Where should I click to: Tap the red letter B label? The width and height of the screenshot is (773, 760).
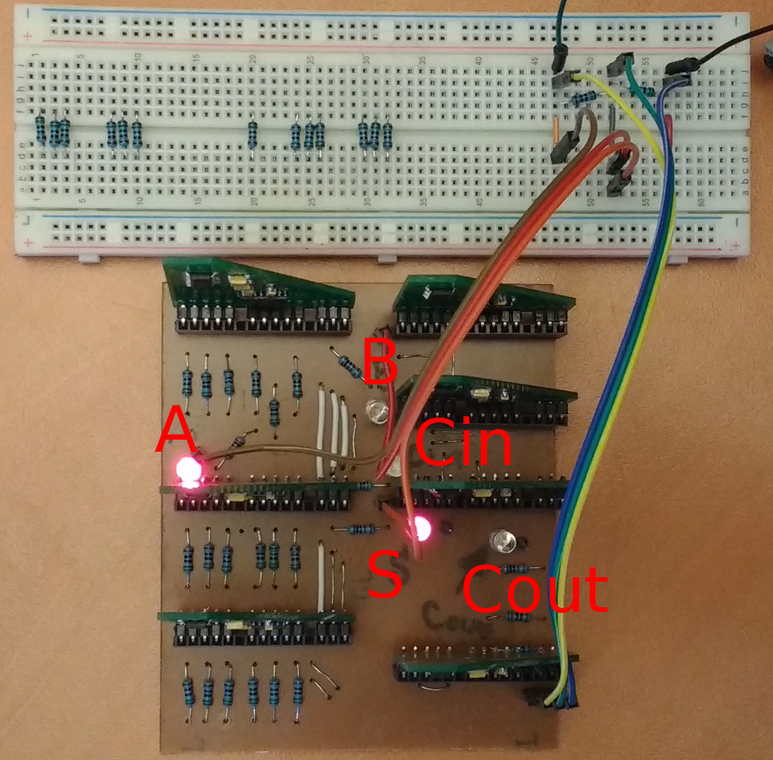point(380,360)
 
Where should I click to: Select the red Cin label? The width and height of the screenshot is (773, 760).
point(463,443)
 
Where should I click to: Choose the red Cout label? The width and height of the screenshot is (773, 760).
point(534,589)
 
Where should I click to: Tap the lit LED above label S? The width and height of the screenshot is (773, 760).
point(420,528)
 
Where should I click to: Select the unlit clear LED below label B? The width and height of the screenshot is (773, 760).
point(376,412)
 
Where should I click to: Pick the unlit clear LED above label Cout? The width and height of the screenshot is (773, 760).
point(503,541)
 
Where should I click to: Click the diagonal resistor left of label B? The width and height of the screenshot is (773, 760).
point(349,366)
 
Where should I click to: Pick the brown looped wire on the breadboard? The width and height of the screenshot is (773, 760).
point(583,128)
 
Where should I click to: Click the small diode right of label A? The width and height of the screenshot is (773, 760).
point(241,438)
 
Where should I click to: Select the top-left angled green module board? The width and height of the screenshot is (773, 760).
point(257,287)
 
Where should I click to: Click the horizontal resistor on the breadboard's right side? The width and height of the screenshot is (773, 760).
point(585,97)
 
